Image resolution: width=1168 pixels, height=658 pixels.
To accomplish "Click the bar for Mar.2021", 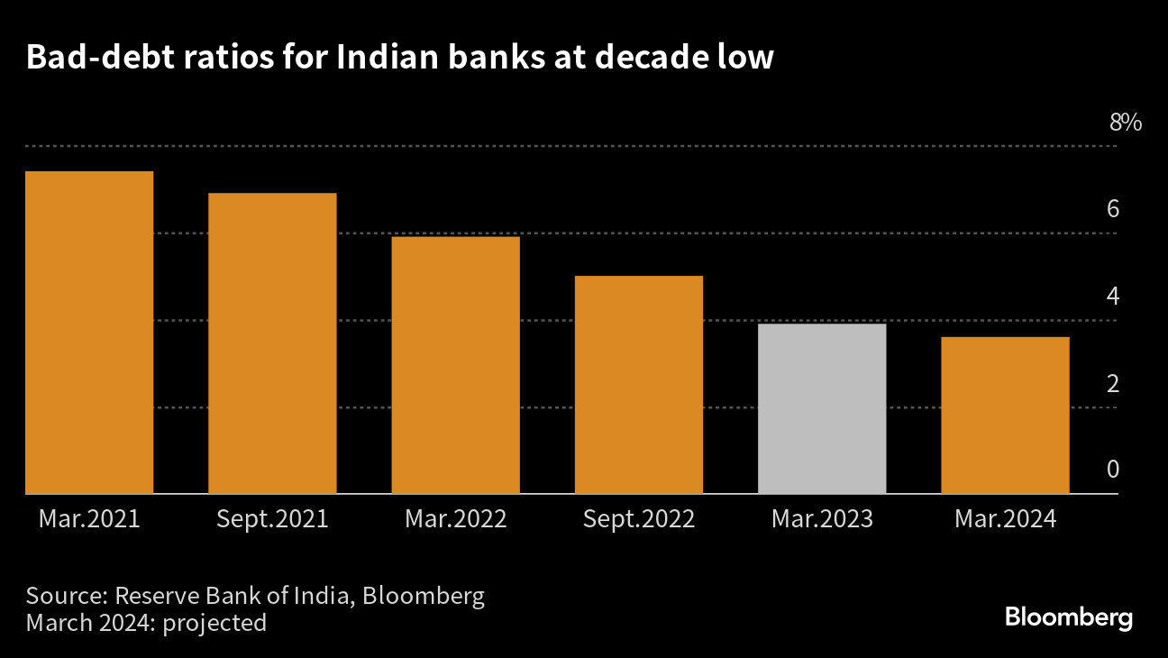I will tap(89, 333).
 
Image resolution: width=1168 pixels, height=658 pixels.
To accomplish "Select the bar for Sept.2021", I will tap(272, 343).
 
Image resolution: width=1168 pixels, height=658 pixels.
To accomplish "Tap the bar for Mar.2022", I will tap(455, 365).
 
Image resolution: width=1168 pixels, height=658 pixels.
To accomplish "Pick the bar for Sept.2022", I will tap(638, 385).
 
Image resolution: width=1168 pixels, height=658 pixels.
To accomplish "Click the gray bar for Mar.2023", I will tap(822, 408).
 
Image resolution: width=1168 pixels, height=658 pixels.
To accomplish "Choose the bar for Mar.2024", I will tap(1005, 416).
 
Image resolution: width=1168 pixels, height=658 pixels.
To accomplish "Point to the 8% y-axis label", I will tap(1125, 123).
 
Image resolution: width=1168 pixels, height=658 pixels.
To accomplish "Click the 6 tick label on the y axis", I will tap(1113, 210).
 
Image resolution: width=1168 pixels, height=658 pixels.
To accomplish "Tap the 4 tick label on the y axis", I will tap(1113, 297).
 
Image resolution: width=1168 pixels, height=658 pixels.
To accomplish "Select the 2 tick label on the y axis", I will tap(1113, 384).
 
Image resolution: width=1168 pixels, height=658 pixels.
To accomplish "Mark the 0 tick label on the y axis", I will tap(1113, 471).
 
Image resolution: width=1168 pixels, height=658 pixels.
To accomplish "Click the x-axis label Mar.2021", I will tap(89, 520).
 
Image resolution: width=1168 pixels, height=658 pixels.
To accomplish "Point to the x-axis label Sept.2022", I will tap(638, 520).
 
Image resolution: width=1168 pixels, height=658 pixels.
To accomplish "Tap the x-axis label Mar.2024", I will tap(1005, 520).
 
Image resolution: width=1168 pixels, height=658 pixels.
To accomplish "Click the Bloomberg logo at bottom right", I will tap(1069, 618).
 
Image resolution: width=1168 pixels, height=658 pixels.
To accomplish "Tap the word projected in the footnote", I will tap(214, 623).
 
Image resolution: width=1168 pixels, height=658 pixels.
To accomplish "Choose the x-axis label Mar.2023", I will tap(822, 520).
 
